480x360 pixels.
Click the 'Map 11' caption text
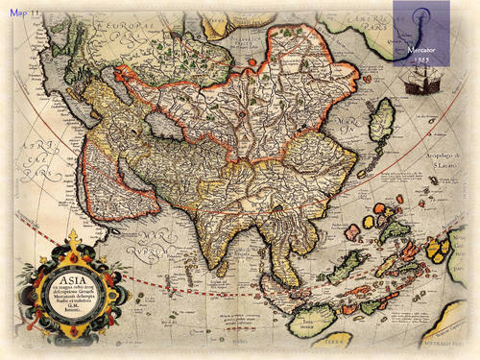pyautogui.click(x=26, y=10)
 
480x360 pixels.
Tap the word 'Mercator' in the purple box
pyautogui.click(x=421, y=45)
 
